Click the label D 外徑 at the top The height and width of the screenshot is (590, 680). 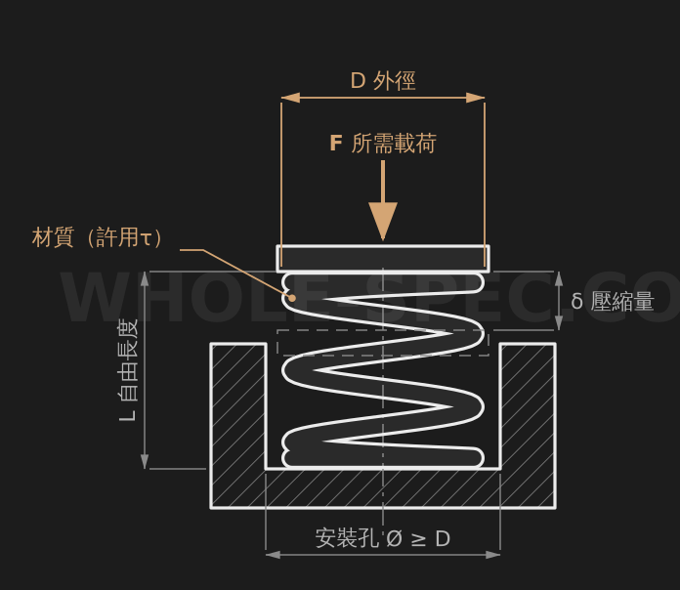[x=383, y=81]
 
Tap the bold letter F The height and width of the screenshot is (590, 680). [x=336, y=143]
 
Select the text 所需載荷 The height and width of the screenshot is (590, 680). [x=394, y=143]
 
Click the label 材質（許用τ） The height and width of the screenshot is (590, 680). [x=98, y=237]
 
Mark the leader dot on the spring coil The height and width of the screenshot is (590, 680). [x=293, y=298]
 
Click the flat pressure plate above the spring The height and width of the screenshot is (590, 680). [x=383, y=259]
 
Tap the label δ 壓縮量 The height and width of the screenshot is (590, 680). [x=613, y=301]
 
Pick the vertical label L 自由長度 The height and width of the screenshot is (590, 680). [x=128, y=370]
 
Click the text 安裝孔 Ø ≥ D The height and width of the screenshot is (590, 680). [x=383, y=538]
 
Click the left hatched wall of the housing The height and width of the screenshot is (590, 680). [x=238, y=425]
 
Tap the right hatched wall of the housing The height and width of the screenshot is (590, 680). [x=528, y=425]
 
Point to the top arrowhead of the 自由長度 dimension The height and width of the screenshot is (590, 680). [x=145, y=278]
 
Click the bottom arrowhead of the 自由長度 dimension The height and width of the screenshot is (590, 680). [x=145, y=461]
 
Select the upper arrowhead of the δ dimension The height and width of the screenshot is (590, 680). [x=559, y=278]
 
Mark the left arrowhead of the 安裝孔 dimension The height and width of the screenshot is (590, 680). [x=273, y=555]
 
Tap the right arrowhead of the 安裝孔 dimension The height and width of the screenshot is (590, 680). [x=493, y=555]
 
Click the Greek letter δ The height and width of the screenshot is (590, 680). [x=576, y=301]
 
